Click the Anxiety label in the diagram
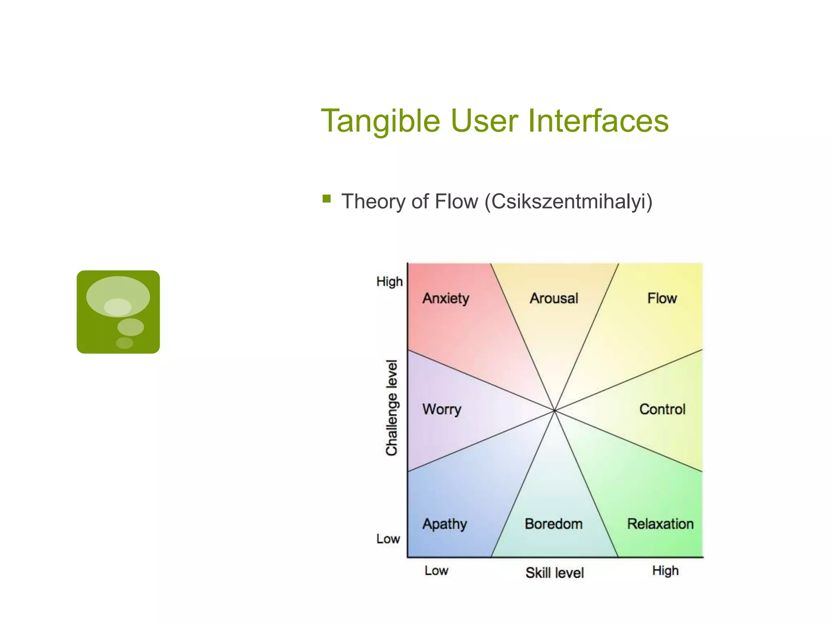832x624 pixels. coord(446,299)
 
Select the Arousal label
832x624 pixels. coord(554,299)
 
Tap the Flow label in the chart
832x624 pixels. coord(662,299)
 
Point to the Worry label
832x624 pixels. coord(442,409)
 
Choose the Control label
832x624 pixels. coord(662,409)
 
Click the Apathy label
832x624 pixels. coord(445,524)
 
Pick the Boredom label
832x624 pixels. coord(554,524)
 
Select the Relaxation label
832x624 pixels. coord(660,524)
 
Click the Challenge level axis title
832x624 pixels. coord(392,408)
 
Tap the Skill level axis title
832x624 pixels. coord(555,573)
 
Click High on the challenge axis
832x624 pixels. coord(389,282)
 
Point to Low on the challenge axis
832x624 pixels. coord(388,539)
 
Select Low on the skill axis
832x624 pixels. coord(436,571)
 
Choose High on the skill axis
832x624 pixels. coord(665,571)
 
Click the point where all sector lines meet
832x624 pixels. coord(555,411)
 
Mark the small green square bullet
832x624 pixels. coord(327,199)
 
